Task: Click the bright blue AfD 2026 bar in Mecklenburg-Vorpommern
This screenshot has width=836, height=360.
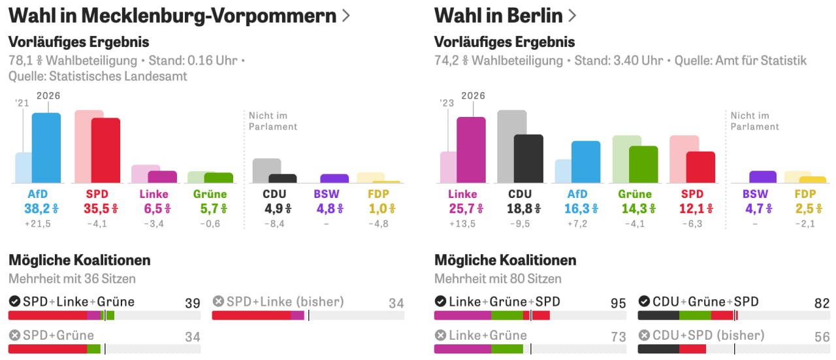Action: pos(46,148)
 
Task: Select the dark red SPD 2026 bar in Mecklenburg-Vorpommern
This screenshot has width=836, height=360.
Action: pos(106,150)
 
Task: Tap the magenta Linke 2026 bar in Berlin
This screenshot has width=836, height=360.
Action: pos(472,150)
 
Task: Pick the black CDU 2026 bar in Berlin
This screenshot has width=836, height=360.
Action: pos(528,159)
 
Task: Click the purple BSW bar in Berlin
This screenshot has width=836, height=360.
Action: pos(763,177)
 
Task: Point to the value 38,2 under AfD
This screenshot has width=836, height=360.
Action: pos(37,208)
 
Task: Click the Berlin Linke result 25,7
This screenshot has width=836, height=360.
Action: pos(462,208)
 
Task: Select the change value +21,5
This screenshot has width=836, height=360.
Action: pos(38,223)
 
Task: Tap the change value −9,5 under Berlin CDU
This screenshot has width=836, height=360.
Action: pos(520,223)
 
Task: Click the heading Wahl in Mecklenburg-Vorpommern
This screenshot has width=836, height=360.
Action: pos(172,16)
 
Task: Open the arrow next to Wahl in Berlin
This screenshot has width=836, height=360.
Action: pos(572,16)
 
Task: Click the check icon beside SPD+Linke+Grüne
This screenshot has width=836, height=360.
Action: pos(14,301)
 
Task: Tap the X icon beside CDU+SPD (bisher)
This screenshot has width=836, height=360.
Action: pos(644,335)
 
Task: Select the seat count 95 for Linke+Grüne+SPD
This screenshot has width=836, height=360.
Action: pos(618,303)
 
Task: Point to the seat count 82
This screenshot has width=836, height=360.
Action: pos(822,303)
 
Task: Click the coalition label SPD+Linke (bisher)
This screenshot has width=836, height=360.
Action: pos(285,301)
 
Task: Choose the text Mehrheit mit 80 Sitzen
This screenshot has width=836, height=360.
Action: pos(498,278)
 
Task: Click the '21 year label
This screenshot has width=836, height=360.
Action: pos(22,103)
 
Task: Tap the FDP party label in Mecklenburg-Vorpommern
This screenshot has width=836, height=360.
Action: pos(378,194)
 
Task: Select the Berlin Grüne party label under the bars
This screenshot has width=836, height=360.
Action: pos(635,194)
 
